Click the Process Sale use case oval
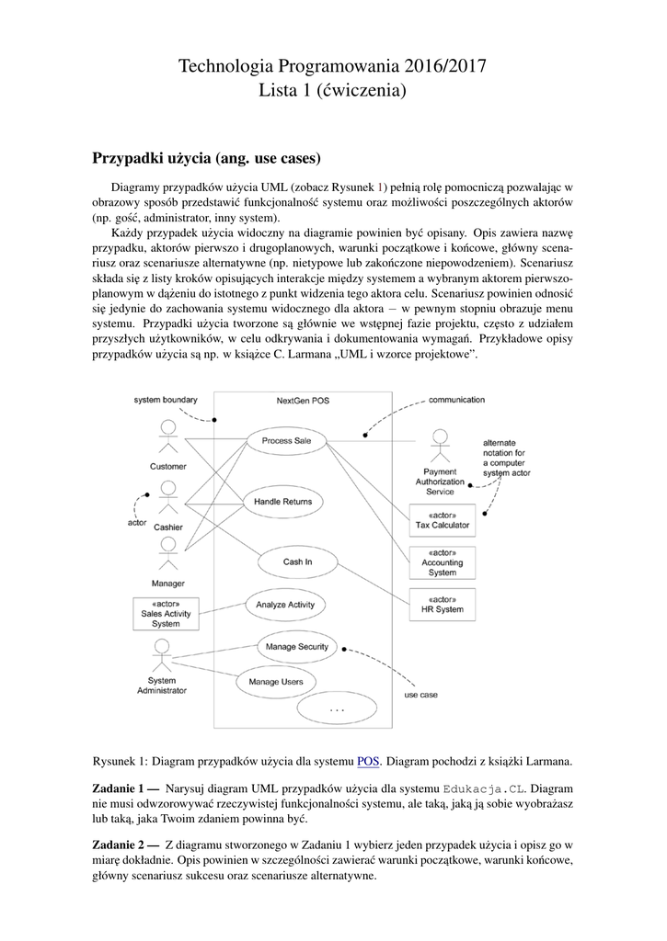286,440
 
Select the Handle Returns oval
282,502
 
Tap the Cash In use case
296,561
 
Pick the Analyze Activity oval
286,605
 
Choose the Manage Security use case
296,647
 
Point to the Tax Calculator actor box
442,520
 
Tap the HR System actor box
442,605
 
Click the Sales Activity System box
166,613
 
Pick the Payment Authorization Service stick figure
441,445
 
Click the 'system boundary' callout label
166,401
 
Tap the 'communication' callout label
457,401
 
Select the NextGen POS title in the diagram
303,402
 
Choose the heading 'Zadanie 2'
127,844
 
